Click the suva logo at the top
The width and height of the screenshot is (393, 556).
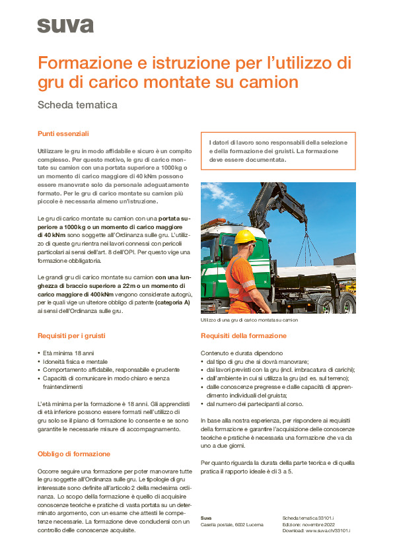click(65, 26)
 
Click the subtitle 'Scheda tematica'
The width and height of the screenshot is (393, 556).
click(77, 104)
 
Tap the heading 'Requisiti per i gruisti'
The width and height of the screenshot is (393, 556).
click(71, 336)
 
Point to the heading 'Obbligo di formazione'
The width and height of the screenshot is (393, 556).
click(74, 454)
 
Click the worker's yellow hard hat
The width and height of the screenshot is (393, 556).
click(244, 236)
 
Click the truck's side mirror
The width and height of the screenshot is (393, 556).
click(228, 253)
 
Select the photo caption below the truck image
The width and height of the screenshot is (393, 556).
click(249, 320)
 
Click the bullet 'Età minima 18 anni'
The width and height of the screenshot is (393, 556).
click(70, 353)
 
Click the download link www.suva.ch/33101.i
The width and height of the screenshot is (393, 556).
click(326, 530)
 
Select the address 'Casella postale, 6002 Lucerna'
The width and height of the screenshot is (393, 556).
click(232, 524)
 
